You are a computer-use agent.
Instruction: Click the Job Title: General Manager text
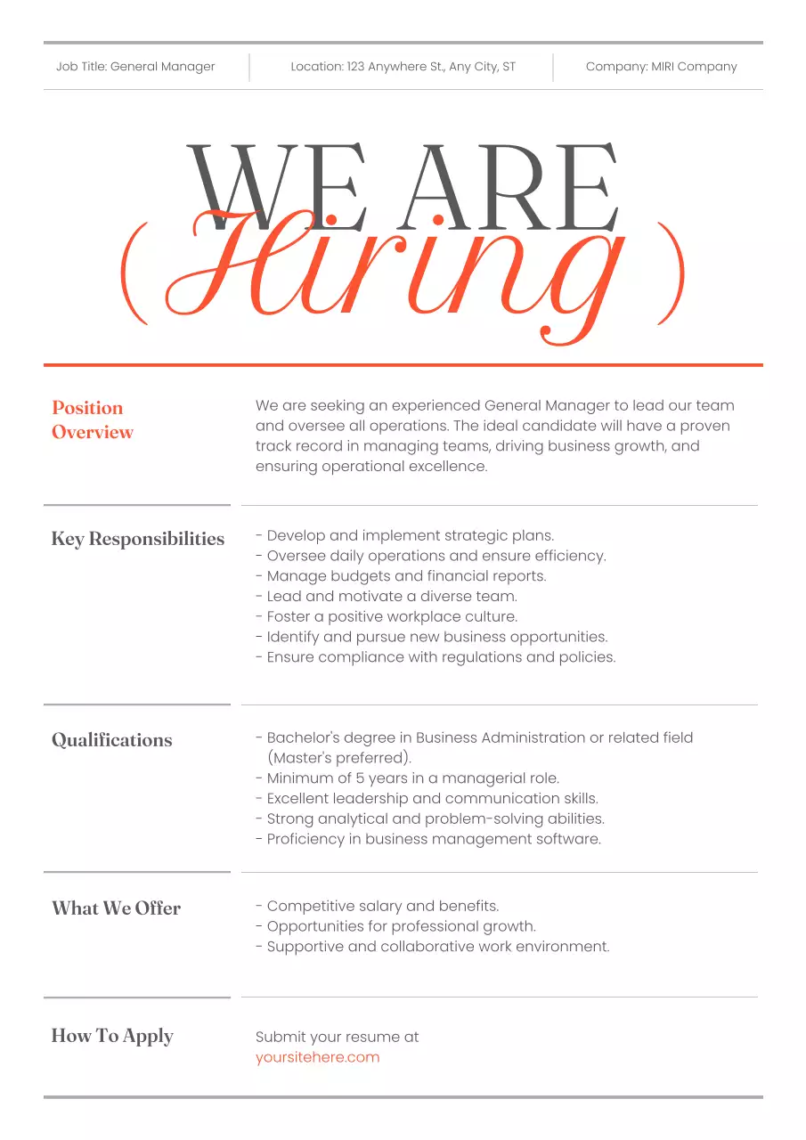[x=135, y=67]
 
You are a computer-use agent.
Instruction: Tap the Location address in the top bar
[x=403, y=67]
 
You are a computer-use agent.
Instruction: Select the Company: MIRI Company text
[x=661, y=67]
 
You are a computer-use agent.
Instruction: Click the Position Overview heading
[x=93, y=419]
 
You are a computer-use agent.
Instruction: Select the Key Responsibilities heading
[x=138, y=539]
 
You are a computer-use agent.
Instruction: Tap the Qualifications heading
[x=112, y=740]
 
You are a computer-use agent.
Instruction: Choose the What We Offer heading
[x=116, y=908]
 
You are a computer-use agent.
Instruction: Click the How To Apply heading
[x=112, y=1036]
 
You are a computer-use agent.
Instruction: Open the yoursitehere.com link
[x=317, y=1057]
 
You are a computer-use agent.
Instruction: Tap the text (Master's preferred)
[x=339, y=758]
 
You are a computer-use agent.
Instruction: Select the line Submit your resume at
[x=337, y=1037]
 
